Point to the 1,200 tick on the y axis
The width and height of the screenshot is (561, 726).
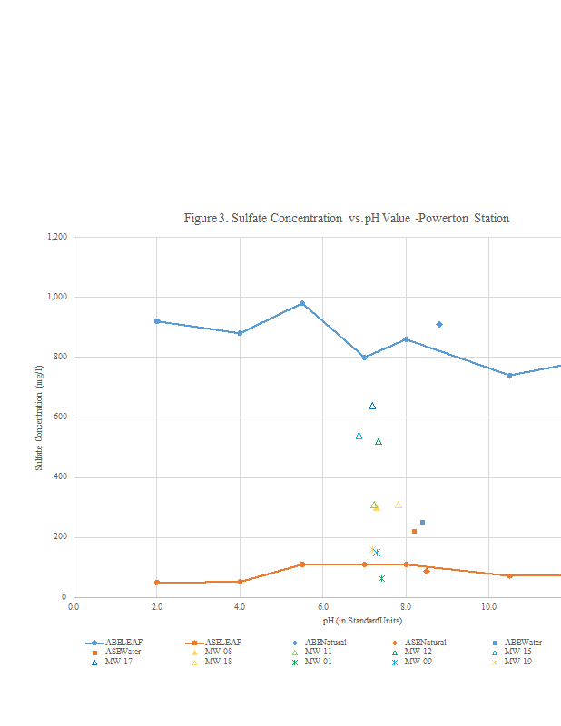point(57,237)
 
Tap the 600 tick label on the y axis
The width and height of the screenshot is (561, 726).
point(61,417)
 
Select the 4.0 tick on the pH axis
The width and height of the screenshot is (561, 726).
point(240,606)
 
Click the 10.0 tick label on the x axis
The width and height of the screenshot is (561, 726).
point(488,606)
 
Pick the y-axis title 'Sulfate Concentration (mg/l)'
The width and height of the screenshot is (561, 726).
point(40,417)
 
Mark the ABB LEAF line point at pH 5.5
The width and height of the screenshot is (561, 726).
point(302,303)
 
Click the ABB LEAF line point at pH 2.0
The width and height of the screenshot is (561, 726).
point(157,321)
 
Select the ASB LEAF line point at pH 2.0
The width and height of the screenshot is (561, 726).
point(157,583)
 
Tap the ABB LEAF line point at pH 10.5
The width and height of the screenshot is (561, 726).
point(509,375)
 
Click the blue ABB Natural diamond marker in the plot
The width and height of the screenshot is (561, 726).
point(439,324)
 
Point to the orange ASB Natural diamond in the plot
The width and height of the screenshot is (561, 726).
point(427,571)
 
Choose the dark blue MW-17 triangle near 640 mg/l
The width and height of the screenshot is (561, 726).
point(372,406)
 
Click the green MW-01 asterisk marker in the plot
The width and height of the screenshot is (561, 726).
point(381,578)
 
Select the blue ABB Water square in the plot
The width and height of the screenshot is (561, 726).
point(422,522)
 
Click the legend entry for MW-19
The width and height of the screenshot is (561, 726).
point(517,662)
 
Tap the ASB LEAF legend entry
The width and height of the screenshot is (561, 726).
point(218,643)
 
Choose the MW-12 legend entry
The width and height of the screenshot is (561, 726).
point(418,652)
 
